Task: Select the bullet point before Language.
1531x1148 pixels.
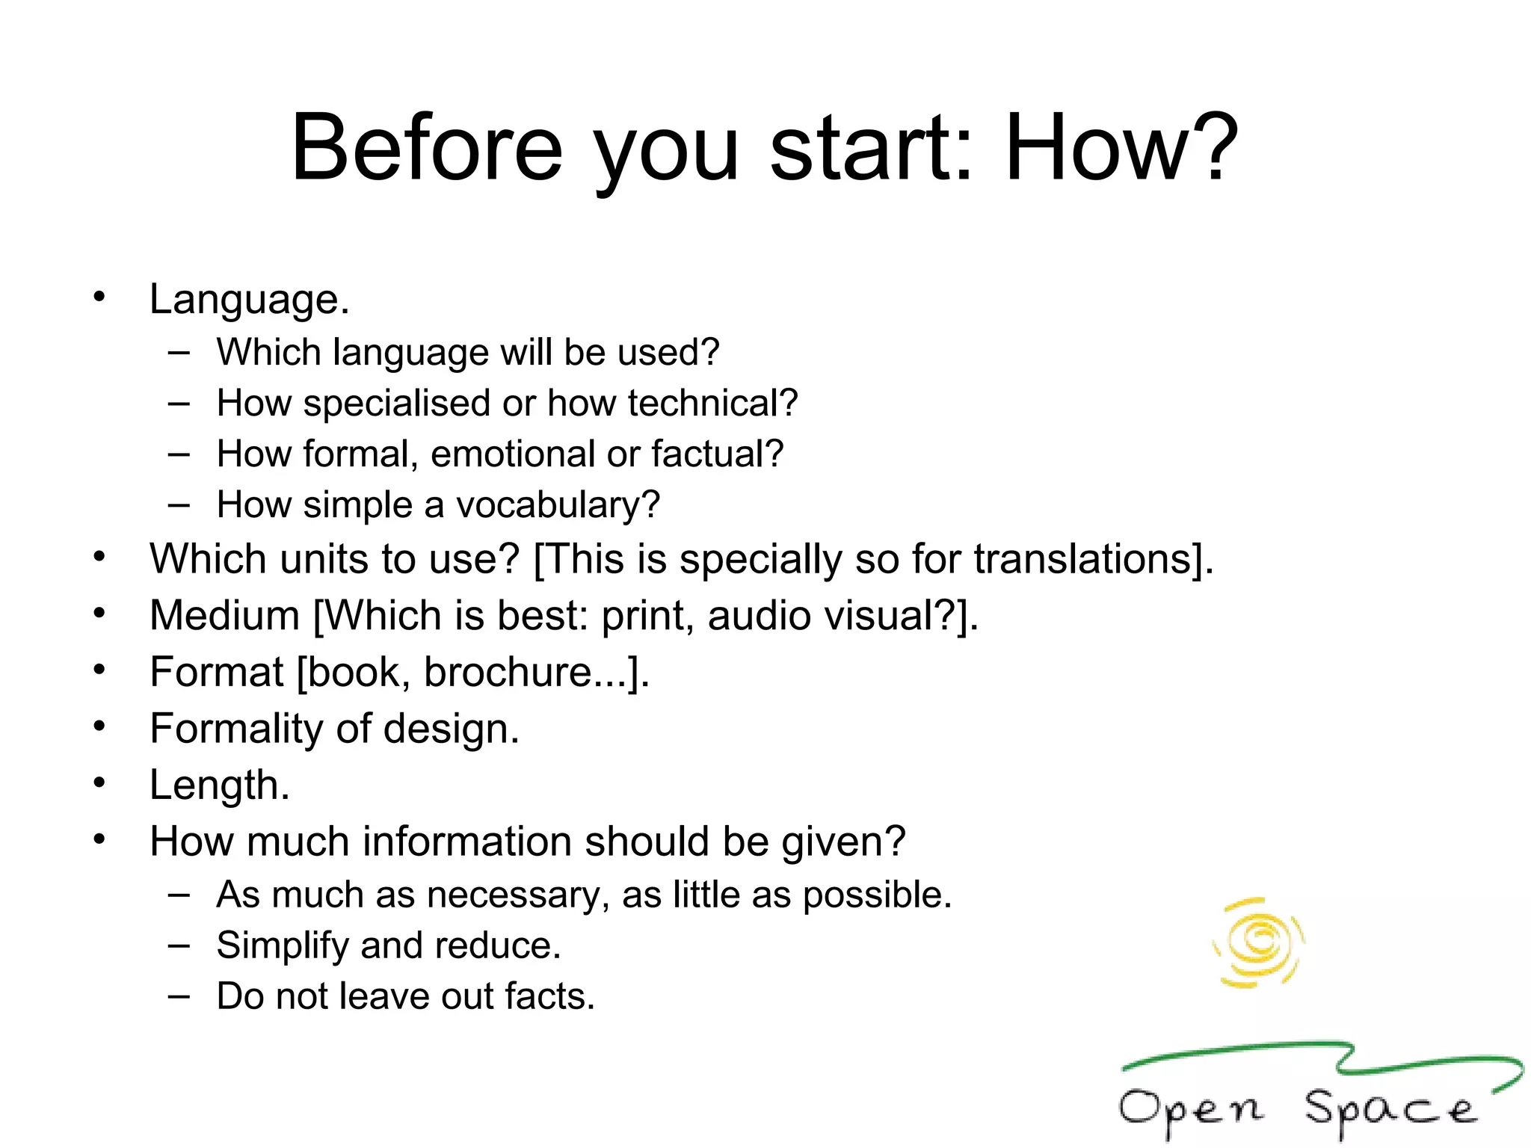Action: coord(99,297)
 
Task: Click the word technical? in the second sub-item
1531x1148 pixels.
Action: coord(712,404)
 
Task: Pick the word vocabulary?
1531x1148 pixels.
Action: coord(558,506)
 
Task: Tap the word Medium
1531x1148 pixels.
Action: coord(224,616)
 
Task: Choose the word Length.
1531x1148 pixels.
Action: coord(219,786)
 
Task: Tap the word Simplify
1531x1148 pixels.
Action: coord(282,946)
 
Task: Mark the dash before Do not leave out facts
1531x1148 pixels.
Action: coord(179,996)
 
